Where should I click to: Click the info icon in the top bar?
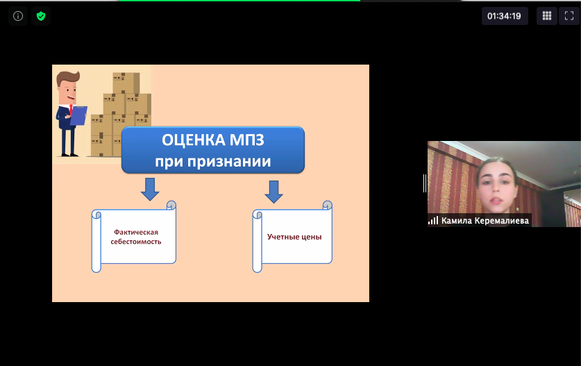pos(18,16)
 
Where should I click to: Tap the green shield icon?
pos(41,16)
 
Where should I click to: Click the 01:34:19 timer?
pos(505,16)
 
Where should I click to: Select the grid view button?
pos(547,16)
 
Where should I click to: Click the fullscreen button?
pos(569,16)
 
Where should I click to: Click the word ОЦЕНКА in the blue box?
pos(193,140)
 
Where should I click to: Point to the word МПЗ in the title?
pos(247,140)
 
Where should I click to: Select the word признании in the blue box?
pos(229,162)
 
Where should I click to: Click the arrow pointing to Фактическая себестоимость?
pos(150,189)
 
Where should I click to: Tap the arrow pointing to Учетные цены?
pos(273,192)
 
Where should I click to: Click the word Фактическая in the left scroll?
pos(136,232)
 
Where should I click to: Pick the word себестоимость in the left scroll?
pos(136,242)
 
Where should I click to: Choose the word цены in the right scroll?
pos(311,238)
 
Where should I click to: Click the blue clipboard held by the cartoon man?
pos(78,115)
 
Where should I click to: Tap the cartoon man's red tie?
pos(71,110)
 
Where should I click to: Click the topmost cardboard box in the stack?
pos(126,83)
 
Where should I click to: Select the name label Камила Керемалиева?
pos(485,221)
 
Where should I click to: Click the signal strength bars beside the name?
pos(433,221)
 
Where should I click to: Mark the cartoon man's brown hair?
pos(68,78)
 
